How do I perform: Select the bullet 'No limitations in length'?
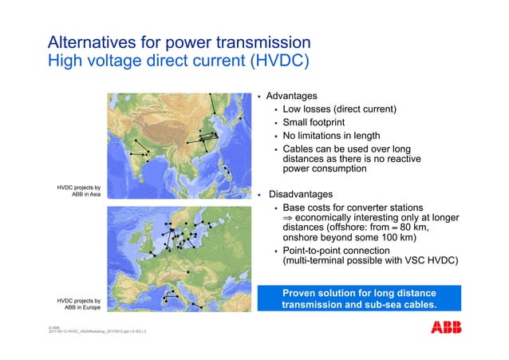pyautogui.click(x=337, y=136)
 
